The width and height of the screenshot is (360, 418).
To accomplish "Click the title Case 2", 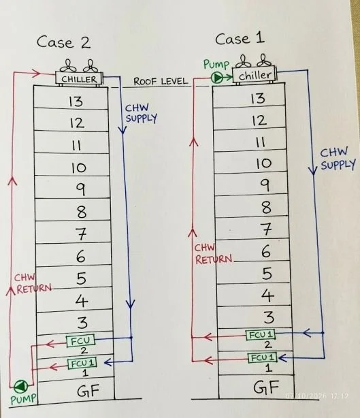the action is pos(64,42).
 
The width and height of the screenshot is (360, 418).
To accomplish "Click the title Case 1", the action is pos(240,39).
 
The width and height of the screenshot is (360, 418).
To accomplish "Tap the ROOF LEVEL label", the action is pos(161,81).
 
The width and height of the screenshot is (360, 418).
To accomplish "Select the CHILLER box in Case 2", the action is pos(79,79).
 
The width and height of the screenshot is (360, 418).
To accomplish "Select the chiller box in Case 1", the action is pos(255,75).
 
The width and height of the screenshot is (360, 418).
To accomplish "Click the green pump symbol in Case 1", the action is pos(218,78).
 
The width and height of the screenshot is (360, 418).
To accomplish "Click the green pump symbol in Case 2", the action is pos(21,386).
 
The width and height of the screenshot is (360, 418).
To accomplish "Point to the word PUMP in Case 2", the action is pos(23,399).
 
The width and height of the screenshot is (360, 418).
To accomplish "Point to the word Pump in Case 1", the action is pos(216,65).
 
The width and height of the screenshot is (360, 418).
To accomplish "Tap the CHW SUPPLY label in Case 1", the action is pos(338,159).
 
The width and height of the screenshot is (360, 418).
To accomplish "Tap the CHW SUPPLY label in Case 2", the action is pos(142,113).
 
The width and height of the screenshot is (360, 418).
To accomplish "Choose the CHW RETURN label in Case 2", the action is pos(33,284).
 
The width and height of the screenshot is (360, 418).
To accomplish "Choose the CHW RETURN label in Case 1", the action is pos(214,254).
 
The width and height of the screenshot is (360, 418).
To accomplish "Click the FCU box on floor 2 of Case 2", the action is pos(80,340).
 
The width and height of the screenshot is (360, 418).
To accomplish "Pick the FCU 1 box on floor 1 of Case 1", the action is pos(263,357).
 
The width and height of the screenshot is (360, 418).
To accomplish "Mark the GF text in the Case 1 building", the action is pos(266,387).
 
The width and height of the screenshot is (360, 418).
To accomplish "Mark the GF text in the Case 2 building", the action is pos(88,391).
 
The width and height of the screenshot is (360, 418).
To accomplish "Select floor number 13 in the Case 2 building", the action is pos(76,101).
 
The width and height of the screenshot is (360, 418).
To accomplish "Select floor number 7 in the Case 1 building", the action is pos(267,229).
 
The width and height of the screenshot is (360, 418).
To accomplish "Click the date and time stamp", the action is pos(317,396).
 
